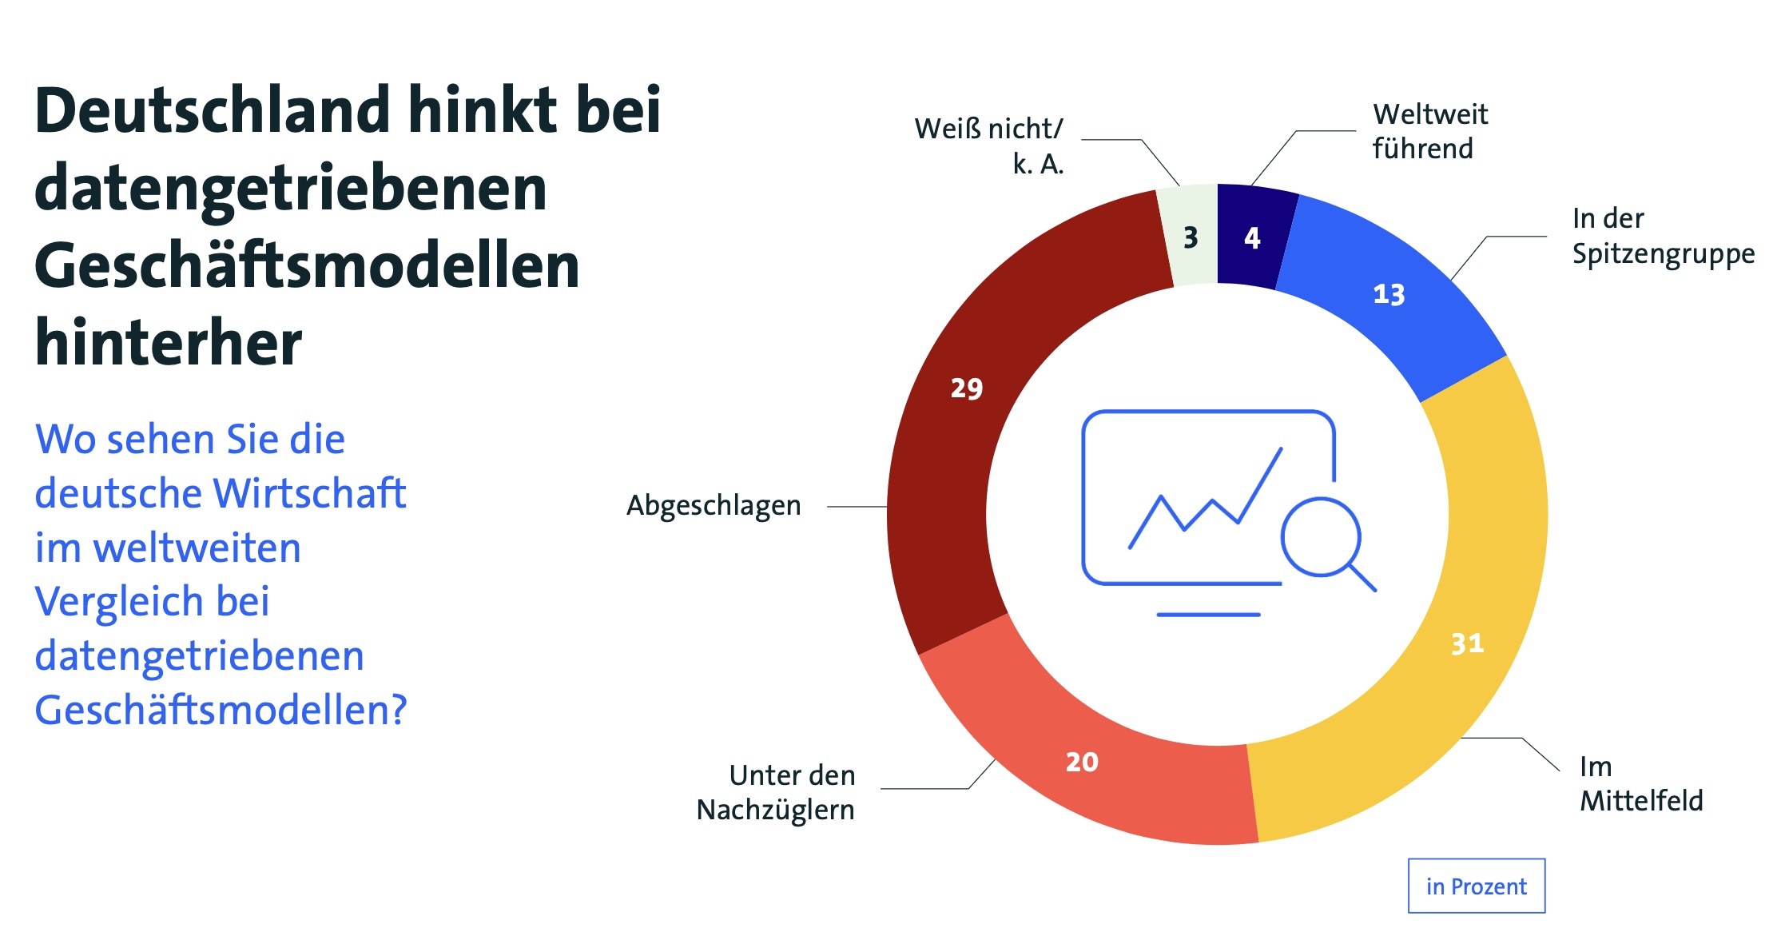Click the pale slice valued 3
(x=1191, y=237)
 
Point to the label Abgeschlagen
(x=714, y=506)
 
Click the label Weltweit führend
(x=1429, y=131)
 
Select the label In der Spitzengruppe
(x=1663, y=236)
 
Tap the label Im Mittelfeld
(x=1640, y=783)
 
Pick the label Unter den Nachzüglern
(x=775, y=792)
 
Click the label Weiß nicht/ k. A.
(x=989, y=145)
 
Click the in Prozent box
(x=1476, y=886)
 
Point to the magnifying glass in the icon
(x=1322, y=537)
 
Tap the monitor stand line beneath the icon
(x=1208, y=615)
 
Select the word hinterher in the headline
(x=169, y=342)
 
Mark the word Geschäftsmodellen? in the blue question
(x=221, y=710)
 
